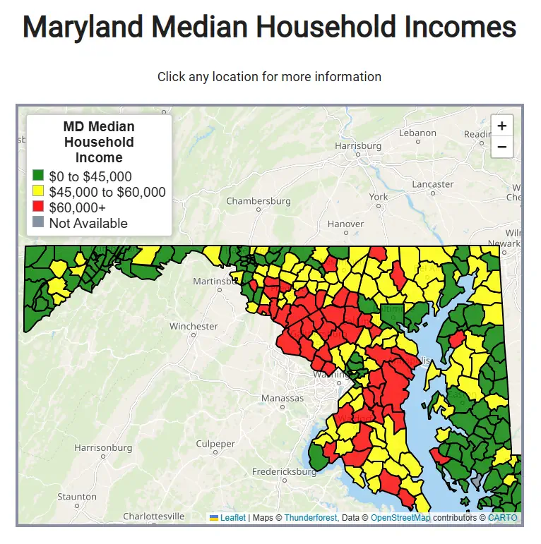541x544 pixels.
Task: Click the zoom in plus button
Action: click(x=501, y=126)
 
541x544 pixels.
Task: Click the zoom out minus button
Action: click(x=501, y=147)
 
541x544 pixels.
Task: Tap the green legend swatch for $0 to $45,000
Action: click(x=39, y=176)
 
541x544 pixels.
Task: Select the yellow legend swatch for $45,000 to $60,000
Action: click(x=39, y=192)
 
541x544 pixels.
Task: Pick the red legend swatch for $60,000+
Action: click(x=39, y=207)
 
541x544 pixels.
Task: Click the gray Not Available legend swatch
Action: click(x=39, y=223)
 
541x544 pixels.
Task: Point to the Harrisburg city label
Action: click(x=358, y=146)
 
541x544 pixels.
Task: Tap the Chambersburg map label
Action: click(x=258, y=201)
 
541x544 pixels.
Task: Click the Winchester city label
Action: click(x=194, y=326)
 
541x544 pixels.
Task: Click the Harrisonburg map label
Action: click(x=103, y=447)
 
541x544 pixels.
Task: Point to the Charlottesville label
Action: click(x=154, y=516)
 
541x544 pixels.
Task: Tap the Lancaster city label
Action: click(x=432, y=184)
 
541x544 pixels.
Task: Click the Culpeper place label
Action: click(x=215, y=444)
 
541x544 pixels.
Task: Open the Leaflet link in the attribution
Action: click(x=232, y=518)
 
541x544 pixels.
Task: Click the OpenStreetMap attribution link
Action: click(x=400, y=518)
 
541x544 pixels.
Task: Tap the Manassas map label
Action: click(x=283, y=398)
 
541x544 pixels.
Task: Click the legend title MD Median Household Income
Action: click(x=99, y=142)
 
